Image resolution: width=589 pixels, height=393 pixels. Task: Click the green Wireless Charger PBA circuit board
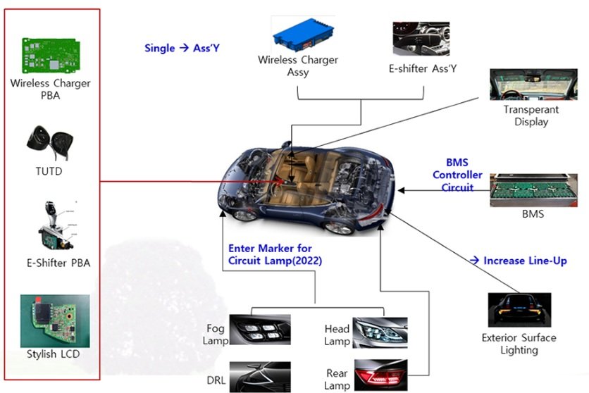click(51, 55)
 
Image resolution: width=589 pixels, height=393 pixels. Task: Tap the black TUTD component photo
click(50, 143)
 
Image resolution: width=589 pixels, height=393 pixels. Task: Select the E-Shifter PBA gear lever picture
click(56, 226)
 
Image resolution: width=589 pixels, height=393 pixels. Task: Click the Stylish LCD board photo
click(55, 321)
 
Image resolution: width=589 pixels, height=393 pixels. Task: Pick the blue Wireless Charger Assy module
click(304, 35)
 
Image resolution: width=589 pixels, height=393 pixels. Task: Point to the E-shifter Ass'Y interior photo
click(421, 39)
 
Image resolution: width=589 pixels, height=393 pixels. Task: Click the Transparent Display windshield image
click(533, 85)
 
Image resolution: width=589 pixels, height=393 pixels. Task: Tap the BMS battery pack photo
click(533, 190)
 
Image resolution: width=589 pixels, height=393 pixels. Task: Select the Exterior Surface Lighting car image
click(519, 310)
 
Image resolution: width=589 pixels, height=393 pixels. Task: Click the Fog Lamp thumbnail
click(260, 330)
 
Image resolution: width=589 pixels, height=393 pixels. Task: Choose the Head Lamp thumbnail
click(380, 332)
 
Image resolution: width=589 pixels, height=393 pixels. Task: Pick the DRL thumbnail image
click(260, 377)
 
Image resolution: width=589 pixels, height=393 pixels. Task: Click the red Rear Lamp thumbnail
click(380, 375)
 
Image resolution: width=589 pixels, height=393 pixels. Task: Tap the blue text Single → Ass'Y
click(182, 48)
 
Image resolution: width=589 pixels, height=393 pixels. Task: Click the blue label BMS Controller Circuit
click(457, 175)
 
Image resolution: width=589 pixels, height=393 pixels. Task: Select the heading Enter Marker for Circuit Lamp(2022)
click(275, 254)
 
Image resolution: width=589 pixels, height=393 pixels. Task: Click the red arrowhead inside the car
click(280, 181)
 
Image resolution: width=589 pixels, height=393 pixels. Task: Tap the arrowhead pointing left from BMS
click(401, 190)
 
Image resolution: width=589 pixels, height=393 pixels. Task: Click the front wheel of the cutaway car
click(244, 215)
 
